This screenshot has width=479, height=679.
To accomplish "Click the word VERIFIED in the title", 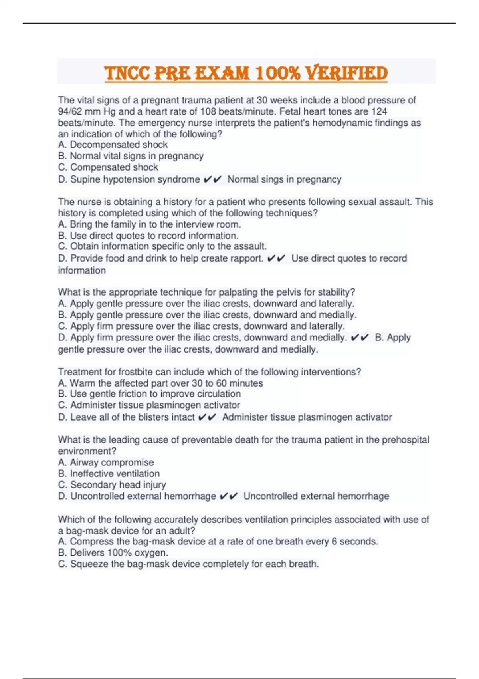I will tap(346, 73).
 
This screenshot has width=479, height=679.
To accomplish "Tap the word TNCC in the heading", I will tap(127, 73).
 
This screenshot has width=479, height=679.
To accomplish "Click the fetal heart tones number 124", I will tap(379, 111).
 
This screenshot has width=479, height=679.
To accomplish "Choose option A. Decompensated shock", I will tap(113, 145).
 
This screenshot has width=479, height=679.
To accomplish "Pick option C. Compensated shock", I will tap(108, 167).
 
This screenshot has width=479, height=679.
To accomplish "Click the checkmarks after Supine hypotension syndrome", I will tap(212, 179).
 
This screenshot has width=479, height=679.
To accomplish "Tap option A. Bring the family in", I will tap(149, 224).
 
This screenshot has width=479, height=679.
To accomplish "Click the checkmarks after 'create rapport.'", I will tap(276, 258).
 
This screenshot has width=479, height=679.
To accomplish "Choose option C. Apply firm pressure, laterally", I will tap(201, 326).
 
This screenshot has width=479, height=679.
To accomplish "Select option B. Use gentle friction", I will tap(149, 394).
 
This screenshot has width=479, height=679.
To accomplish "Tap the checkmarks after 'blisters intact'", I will tap(207, 417).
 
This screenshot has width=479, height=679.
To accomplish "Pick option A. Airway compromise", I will tap(106, 462).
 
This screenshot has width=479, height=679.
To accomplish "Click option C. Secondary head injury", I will tap(112, 485).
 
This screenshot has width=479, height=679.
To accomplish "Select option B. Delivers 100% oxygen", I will tap(113, 553).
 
